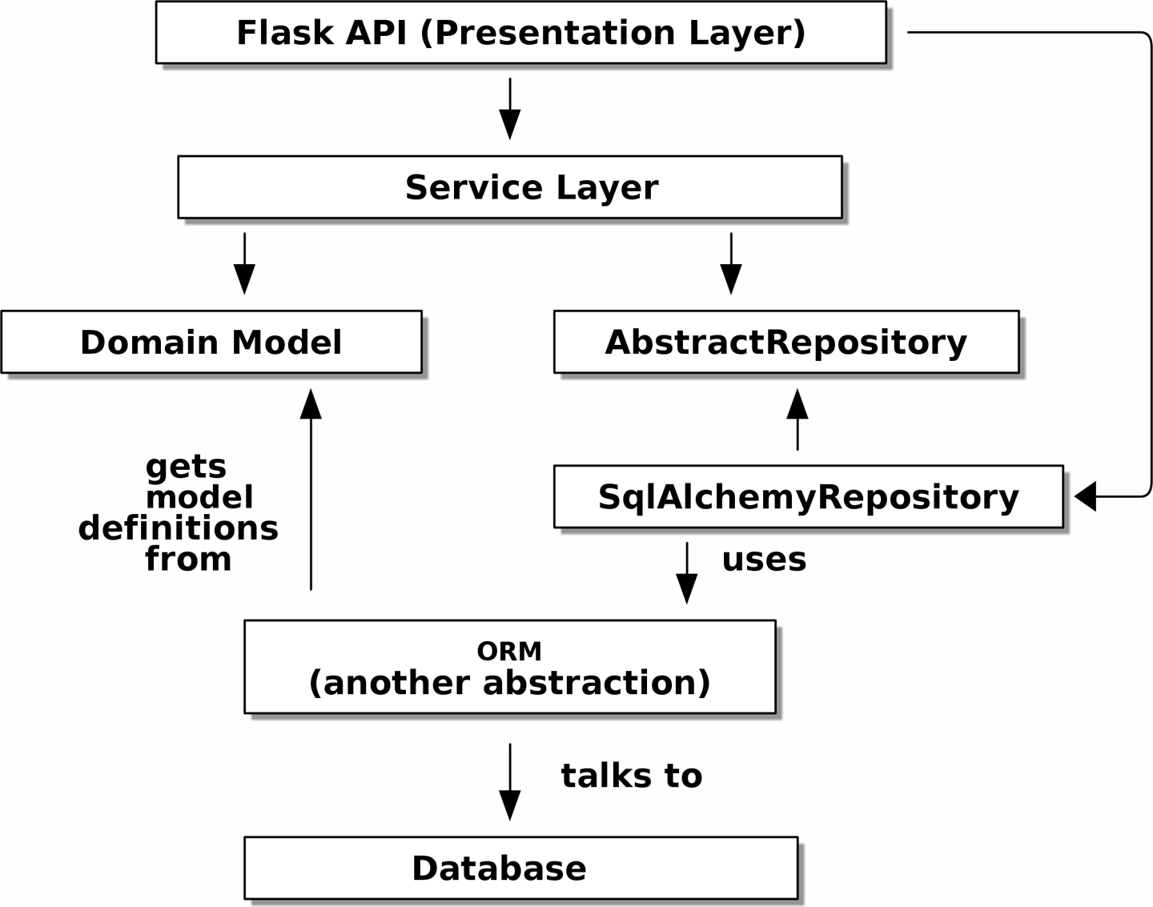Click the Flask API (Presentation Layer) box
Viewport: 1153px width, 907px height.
coord(520,33)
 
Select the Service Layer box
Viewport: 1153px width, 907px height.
coord(510,187)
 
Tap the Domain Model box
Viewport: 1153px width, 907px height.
coord(211,343)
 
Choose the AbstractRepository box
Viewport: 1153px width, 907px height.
coord(785,343)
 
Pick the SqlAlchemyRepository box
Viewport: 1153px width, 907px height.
coord(808,497)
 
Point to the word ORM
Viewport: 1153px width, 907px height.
coord(509,652)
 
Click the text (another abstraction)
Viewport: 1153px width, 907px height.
coord(509,683)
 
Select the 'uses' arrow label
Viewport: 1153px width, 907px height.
coord(764,560)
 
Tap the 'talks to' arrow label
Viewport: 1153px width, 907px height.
coord(631,776)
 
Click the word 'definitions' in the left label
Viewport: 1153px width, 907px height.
coord(179,528)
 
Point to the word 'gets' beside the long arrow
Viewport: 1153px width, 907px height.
coord(186,467)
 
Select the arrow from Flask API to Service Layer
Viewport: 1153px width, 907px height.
coord(510,108)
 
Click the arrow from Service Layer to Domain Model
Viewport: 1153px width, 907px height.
coord(244,263)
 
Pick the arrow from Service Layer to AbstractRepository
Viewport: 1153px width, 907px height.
coord(731,263)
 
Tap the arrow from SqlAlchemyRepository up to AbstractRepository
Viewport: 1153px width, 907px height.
coord(797,419)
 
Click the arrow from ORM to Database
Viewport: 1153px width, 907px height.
coord(510,781)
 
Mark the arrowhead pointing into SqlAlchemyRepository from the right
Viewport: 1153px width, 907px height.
coord(1086,496)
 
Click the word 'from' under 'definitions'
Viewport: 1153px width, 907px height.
coord(188,560)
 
